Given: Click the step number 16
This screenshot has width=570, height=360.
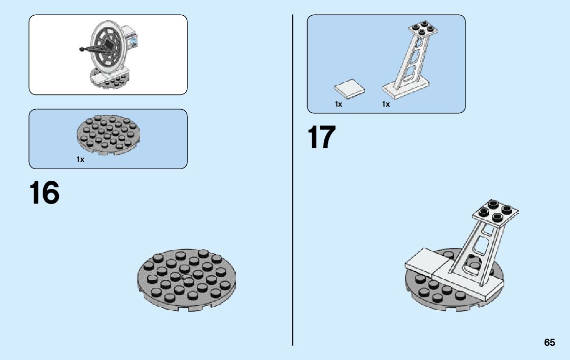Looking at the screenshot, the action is coord(45,193).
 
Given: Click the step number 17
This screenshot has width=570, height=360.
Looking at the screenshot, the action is coord(322,138).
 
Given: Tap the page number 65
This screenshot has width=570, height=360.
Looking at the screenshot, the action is coord(550,343).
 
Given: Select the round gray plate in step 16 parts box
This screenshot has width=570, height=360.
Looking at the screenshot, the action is coord(108,134).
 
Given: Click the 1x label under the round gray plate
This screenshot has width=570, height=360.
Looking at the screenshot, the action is coord(80,159).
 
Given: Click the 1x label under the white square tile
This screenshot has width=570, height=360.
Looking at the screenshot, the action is coord(339,104).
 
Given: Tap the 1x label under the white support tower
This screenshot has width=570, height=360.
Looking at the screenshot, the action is coord(386,104).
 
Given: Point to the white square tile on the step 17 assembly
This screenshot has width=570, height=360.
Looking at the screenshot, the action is coord(425,262).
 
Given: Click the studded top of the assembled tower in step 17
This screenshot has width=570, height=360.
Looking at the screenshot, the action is coord(495,211).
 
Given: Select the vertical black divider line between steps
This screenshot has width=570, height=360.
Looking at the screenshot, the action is coord(293,178).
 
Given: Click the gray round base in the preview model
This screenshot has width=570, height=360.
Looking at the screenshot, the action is coord(109,80).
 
